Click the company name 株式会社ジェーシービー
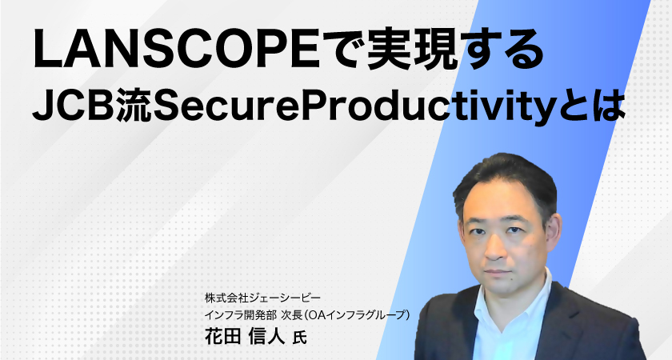pos(262,298)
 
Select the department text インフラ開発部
pos(241,315)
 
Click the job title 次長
pos(291,315)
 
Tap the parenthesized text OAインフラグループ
pos(357,315)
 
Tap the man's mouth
pos(497,272)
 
